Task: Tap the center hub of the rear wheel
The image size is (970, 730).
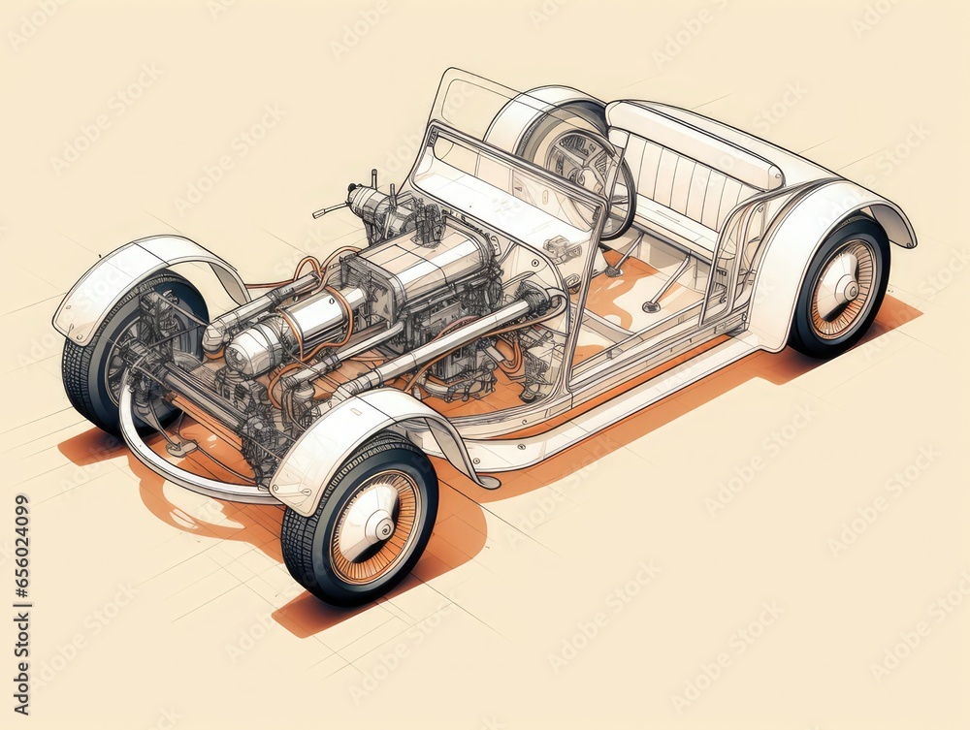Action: tap(843, 289)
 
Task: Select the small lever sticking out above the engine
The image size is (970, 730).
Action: tap(330, 209)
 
